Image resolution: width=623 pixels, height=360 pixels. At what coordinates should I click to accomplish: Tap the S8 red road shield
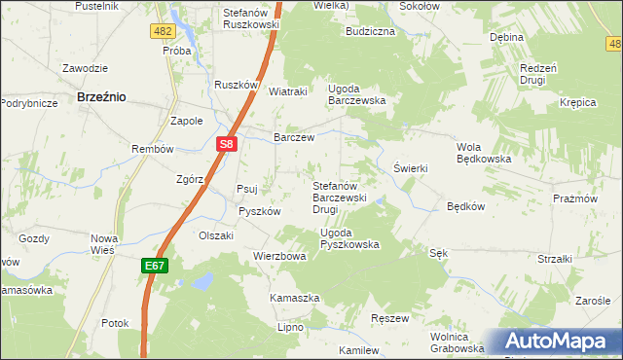pyautogui.click(x=226, y=145)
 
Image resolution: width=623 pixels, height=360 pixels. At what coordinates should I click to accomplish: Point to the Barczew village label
pyautogui.click(x=294, y=138)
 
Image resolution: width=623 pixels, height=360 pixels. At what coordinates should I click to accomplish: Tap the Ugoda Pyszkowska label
pyautogui.click(x=349, y=238)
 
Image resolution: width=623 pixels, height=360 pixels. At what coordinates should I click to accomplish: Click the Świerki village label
pyautogui.click(x=411, y=167)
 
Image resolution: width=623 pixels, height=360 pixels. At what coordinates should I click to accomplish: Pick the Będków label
pyautogui.click(x=465, y=206)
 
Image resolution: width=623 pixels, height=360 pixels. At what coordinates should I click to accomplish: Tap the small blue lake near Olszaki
pyautogui.click(x=202, y=281)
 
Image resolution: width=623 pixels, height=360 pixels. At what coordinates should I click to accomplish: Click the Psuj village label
pyautogui.click(x=247, y=189)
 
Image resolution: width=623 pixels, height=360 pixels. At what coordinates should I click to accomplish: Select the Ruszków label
pyautogui.click(x=235, y=85)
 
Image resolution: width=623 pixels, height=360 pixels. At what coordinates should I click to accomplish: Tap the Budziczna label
pyautogui.click(x=370, y=31)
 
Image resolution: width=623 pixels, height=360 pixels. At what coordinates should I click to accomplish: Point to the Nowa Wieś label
pyautogui.click(x=103, y=244)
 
